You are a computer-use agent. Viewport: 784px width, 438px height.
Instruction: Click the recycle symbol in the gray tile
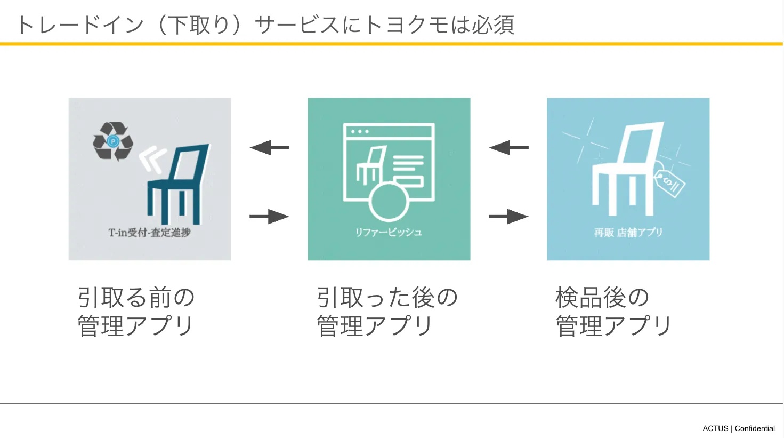point(112,141)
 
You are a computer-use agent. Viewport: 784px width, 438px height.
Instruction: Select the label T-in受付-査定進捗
point(149,233)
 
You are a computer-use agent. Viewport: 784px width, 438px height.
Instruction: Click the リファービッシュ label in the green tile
point(389,233)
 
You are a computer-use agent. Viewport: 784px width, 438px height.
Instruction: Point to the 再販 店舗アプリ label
point(628,233)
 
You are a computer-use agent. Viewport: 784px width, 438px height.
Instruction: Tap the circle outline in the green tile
point(389,201)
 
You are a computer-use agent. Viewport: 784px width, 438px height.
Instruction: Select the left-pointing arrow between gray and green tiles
point(269,147)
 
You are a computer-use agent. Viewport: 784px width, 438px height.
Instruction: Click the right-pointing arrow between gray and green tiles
point(269,217)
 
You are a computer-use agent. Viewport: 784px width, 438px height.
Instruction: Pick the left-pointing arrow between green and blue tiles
point(508,147)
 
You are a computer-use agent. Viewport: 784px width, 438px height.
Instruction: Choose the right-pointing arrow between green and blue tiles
point(508,217)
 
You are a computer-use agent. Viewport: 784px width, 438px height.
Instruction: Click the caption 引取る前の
point(136,298)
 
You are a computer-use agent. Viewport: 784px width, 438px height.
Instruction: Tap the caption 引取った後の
point(387,298)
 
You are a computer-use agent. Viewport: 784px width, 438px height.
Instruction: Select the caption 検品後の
point(602,298)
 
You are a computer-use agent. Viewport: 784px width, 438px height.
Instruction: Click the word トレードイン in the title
point(80,25)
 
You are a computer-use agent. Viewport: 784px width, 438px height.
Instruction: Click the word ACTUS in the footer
point(715,428)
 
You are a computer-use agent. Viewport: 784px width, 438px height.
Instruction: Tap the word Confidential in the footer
point(755,428)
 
